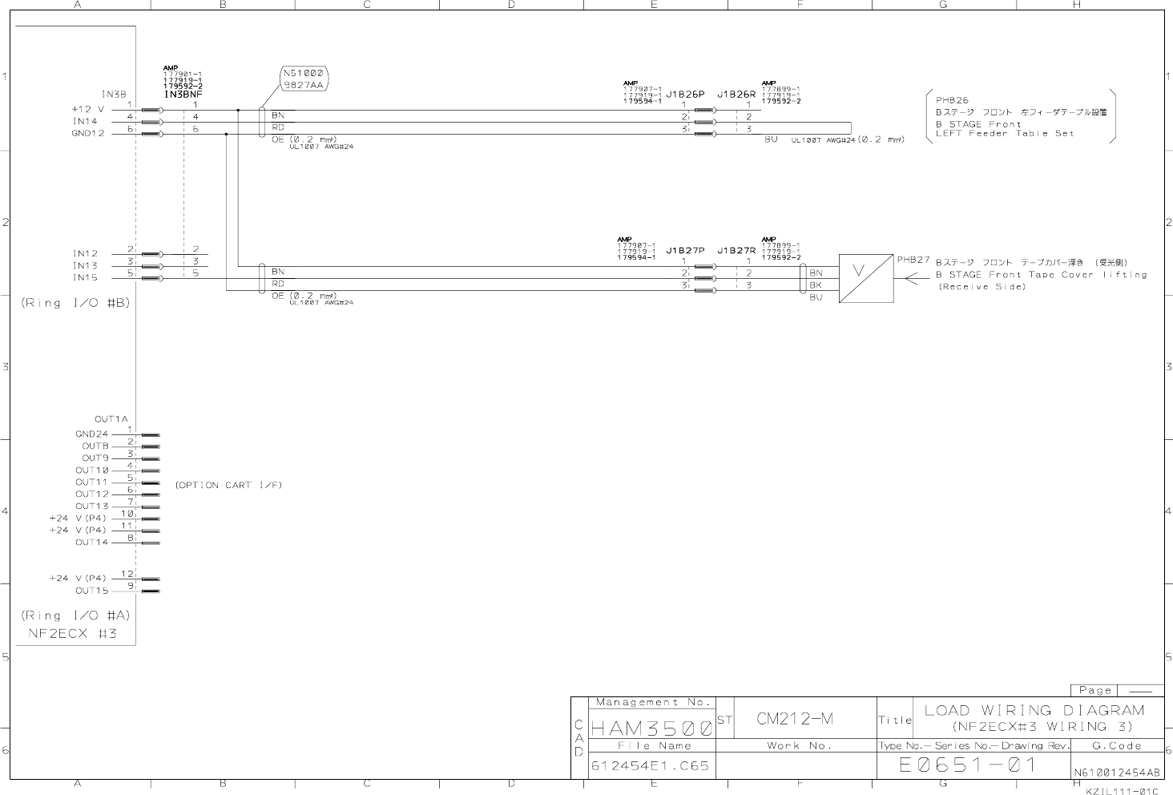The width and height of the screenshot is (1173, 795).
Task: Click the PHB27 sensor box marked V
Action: pyautogui.click(x=866, y=278)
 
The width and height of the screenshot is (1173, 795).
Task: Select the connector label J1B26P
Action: pyautogui.click(x=685, y=94)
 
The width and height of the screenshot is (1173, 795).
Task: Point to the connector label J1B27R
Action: pyautogui.click(x=736, y=250)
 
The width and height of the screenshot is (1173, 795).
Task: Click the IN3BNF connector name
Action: pyautogui.click(x=183, y=95)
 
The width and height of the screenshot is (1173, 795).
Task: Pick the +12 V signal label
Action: pyautogui.click(x=88, y=109)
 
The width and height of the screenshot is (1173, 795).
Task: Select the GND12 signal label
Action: pyautogui.click(x=88, y=133)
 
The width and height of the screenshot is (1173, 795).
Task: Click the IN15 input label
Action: pyautogui.click(x=85, y=277)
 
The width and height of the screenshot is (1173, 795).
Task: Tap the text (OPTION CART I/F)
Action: pyautogui.click(x=228, y=485)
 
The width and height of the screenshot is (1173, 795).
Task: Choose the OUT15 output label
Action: pyautogui.click(x=91, y=591)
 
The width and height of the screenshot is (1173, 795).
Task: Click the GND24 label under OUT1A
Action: pyautogui.click(x=91, y=434)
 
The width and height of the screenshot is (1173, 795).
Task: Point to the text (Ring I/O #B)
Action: pyautogui.click(x=75, y=303)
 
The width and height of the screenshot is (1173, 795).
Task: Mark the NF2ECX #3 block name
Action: pyautogui.click(x=69, y=633)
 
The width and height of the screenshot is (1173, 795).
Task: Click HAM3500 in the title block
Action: pyautogui.click(x=651, y=728)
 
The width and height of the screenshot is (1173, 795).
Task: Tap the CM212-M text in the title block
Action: pyautogui.click(x=795, y=719)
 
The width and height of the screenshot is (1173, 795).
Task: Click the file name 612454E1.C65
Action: pyautogui.click(x=650, y=765)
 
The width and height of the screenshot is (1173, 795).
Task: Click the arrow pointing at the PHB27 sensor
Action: pyautogui.click(x=914, y=280)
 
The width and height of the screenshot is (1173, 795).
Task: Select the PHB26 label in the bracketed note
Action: pyautogui.click(x=952, y=100)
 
